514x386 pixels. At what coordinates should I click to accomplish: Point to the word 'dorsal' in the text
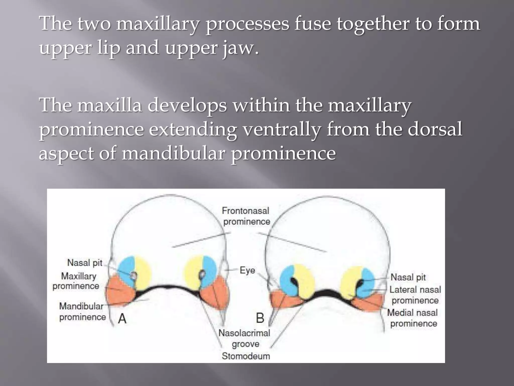click(435, 129)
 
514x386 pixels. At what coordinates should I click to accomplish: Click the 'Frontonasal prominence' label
click(246, 216)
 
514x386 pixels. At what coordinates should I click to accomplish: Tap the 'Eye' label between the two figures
click(247, 270)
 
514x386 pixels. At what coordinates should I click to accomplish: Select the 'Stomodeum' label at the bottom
click(246, 356)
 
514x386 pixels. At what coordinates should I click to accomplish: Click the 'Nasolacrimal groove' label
click(244, 338)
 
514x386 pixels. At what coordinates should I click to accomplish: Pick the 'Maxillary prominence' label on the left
click(77, 281)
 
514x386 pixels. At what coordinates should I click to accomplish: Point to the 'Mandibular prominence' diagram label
click(82, 312)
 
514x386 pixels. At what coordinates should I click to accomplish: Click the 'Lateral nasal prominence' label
click(415, 295)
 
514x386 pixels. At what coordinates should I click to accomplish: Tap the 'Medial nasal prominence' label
click(413, 318)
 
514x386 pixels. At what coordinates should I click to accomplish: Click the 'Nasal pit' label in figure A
click(85, 263)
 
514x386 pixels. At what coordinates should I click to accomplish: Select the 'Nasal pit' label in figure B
click(408, 277)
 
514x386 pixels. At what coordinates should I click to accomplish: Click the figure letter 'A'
click(122, 319)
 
